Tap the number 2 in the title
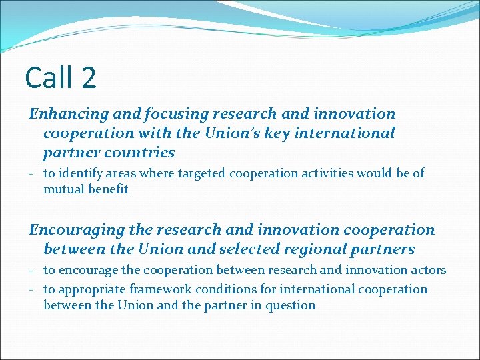(89, 78)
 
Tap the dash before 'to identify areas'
(32, 173)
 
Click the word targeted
(199, 173)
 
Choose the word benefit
(105, 189)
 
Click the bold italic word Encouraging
(75, 230)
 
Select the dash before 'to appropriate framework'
(32, 289)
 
